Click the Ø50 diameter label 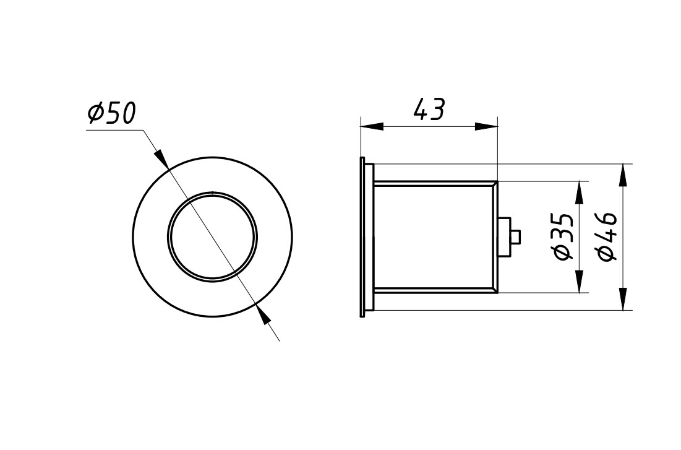click(111, 113)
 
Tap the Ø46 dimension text click(607, 237)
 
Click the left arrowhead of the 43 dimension click(372, 126)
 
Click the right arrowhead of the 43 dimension click(486, 126)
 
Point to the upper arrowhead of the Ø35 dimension click(579, 193)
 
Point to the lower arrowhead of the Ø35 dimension click(579, 281)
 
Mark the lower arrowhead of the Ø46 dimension click(623, 299)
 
